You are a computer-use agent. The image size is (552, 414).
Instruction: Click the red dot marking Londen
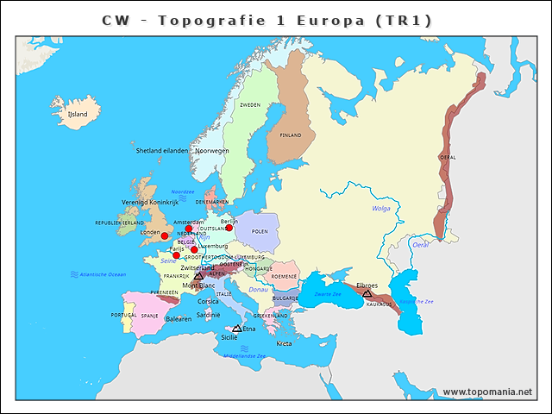(x=165, y=235)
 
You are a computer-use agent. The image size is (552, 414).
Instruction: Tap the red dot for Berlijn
(x=229, y=228)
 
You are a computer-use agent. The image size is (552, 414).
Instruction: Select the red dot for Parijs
(x=176, y=255)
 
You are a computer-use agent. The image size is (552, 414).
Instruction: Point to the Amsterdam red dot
(x=189, y=229)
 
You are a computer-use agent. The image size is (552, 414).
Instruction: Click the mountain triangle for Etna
(x=237, y=329)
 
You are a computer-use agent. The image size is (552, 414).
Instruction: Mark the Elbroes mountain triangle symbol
(x=367, y=293)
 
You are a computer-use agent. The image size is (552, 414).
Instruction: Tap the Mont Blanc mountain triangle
(x=198, y=277)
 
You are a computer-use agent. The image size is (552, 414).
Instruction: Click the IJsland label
(x=78, y=113)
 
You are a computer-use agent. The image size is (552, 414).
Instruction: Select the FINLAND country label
(x=291, y=135)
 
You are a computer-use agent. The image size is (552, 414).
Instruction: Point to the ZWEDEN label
(x=249, y=104)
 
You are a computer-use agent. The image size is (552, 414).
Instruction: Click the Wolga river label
(x=381, y=208)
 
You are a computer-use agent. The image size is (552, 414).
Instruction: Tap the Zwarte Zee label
(x=327, y=294)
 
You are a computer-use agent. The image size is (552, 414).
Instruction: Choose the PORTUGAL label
(x=123, y=316)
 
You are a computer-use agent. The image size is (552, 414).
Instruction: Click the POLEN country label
(x=260, y=231)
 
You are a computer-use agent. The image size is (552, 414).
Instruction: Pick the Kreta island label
(x=284, y=343)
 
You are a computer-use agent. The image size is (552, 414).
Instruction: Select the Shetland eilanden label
(x=161, y=150)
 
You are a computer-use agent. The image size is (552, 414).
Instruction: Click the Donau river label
(x=258, y=290)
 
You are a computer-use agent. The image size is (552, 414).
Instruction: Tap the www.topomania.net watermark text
(x=487, y=392)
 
